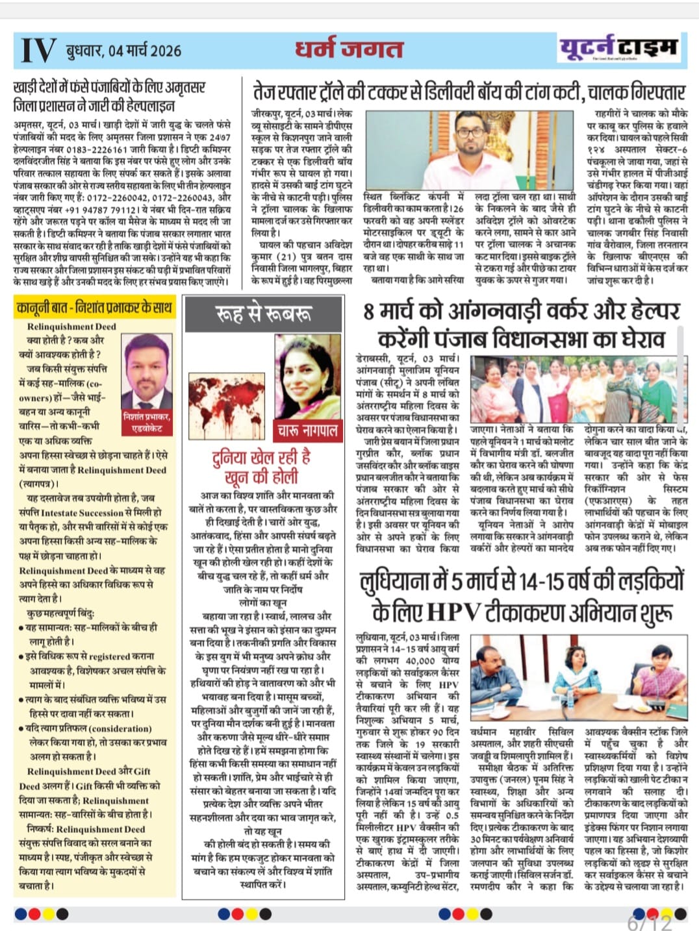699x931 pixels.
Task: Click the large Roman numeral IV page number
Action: [38, 50]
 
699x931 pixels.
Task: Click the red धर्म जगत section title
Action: [349, 49]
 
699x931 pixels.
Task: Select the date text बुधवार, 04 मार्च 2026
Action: [123, 51]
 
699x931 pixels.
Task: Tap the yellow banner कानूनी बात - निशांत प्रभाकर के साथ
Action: [95, 306]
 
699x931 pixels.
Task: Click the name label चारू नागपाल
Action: [308, 429]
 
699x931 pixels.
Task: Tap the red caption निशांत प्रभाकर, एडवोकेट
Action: [147, 422]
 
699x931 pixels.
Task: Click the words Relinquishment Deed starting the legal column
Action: [71, 327]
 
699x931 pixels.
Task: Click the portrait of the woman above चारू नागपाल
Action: [307, 377]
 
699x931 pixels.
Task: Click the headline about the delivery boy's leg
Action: [469, 92]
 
